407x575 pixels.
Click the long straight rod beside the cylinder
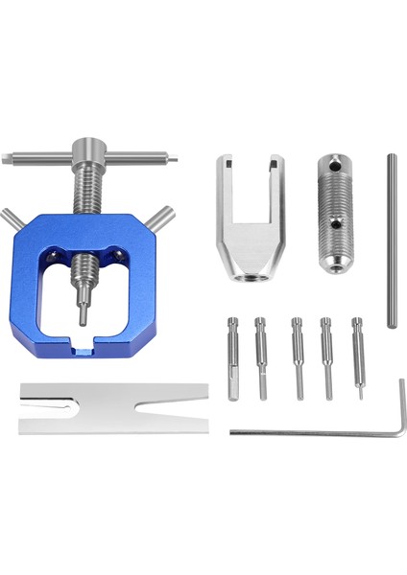coord(392,240)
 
